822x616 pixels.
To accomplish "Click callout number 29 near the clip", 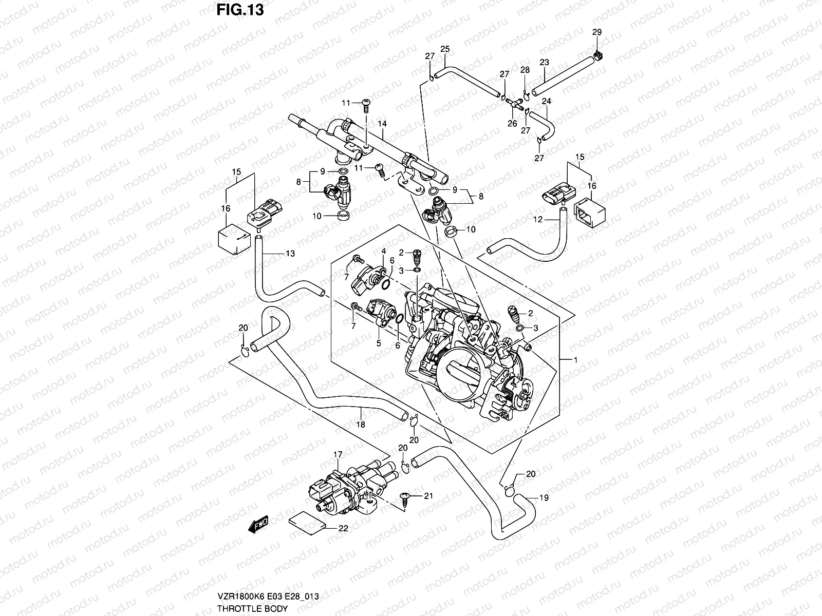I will (x=596, y=32).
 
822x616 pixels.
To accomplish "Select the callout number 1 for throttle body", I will (x=576, y=360).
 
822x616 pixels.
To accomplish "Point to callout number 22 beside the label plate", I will (x=343, y=528).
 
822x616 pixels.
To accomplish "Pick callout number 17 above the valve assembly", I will (x=338, y=455).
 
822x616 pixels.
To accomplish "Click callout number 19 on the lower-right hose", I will (x=544, y=497).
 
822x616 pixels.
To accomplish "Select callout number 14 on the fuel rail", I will (x=382, y=124).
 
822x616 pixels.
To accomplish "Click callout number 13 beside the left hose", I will (x=290, y=254).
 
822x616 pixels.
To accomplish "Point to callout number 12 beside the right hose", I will (x=537, y=220).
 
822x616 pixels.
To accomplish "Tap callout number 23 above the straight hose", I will (x=544, y=63).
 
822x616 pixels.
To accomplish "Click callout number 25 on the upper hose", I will (x=445, y=49).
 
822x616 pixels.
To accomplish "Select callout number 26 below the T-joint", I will (x=512, y=123).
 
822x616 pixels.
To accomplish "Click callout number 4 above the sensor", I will (x=383, y=251).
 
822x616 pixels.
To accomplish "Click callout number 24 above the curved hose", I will (x=546, y=101).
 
